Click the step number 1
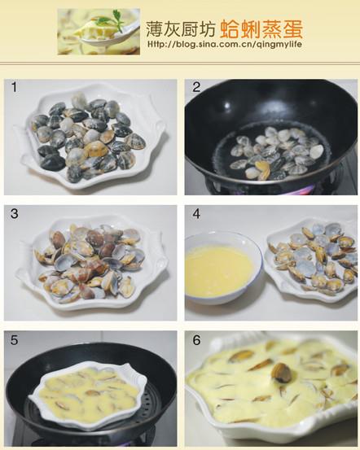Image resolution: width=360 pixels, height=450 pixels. (14, 86)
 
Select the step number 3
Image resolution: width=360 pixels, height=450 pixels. (14, 213)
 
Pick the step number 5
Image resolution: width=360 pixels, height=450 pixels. (14, 339)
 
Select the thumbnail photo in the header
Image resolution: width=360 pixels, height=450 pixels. (99, 32)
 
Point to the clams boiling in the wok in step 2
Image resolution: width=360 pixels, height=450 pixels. (273, 151)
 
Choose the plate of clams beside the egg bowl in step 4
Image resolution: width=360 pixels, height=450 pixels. (314, 258)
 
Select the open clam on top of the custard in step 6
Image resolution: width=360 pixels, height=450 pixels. (281, 374)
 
